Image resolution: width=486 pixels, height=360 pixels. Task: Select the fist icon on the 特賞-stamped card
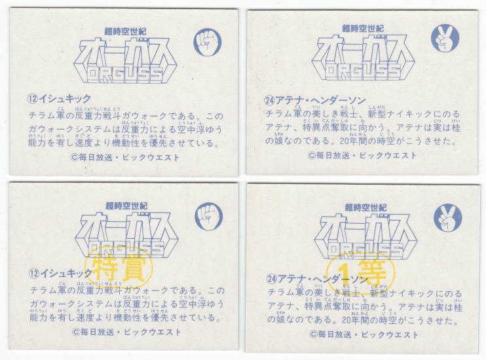(208, 217)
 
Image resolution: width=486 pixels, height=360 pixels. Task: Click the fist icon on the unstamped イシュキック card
(207, 42)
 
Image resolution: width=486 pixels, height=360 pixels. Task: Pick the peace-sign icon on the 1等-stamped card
(447, 218)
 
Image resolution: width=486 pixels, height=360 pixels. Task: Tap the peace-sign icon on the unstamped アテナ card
(445, 38)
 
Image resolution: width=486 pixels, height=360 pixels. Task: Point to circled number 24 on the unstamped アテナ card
(269, 100)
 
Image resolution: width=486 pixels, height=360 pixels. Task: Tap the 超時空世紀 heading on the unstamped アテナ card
(362, 29)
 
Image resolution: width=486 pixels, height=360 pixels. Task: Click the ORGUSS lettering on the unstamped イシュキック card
(124, 74)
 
